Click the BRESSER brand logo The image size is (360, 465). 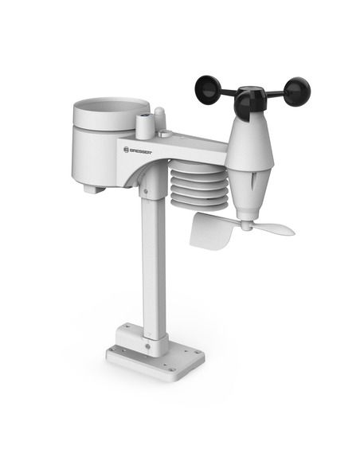139,146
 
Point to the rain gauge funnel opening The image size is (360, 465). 111,107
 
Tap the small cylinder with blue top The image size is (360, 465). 145,125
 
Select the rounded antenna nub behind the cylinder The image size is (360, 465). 160,118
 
